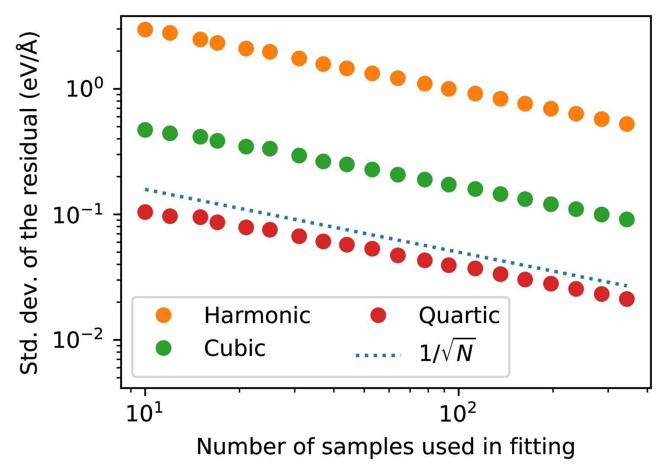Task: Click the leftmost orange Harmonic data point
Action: click(145, 30)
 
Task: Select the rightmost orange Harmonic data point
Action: click(627, 124)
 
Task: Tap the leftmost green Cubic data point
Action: click(145, 130)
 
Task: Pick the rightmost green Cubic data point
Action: click(627, 219)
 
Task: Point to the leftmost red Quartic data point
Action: click(145, 212)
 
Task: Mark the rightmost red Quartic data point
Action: click(627, 299)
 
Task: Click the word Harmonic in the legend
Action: click(257, 316)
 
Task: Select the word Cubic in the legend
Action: click(235, 348)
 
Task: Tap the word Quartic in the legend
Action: click(459, 316)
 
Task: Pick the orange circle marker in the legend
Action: click(163, 315)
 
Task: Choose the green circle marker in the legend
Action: click(163, 348)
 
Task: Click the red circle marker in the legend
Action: click(378, 315)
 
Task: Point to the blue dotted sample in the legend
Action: click(378, 355)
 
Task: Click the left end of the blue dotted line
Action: click(146, 189)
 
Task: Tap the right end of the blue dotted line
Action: click(625, 286)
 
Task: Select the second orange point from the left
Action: click(170, 33)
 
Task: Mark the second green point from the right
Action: click(602, 214)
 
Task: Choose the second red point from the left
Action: click(170, 216)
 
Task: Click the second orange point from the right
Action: click(602, 119)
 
